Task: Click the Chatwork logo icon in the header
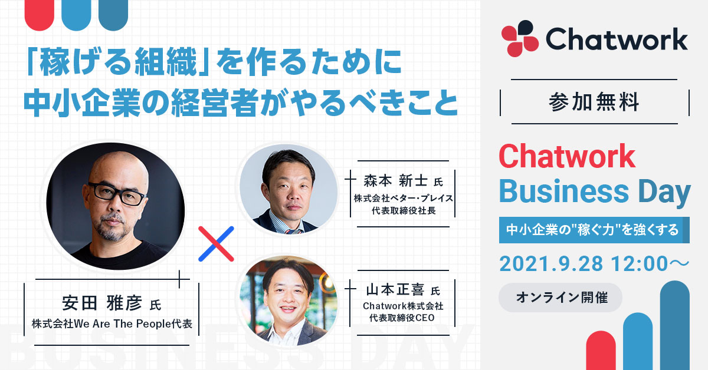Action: pos(520,38)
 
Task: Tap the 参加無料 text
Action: pos(594,102)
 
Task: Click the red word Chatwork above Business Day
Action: pos(567,156)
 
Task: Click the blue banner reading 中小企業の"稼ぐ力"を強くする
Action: pos(594,230)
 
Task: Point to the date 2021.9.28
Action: pos(551,263)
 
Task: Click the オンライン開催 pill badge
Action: pos(560,298)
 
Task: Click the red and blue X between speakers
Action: pos(216,244)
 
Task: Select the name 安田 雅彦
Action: pos(102,303)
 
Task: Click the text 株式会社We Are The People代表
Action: pos(112,324)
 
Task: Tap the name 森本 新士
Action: pos(395,180)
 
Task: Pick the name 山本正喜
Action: pos(395,290)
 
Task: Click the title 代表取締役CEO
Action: pos(402,318)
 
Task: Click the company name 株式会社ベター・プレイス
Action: pos(404,199)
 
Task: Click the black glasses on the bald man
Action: pos(117,193)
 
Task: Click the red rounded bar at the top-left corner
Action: pos(40,15)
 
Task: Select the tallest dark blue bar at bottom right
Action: pos(675,325)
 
